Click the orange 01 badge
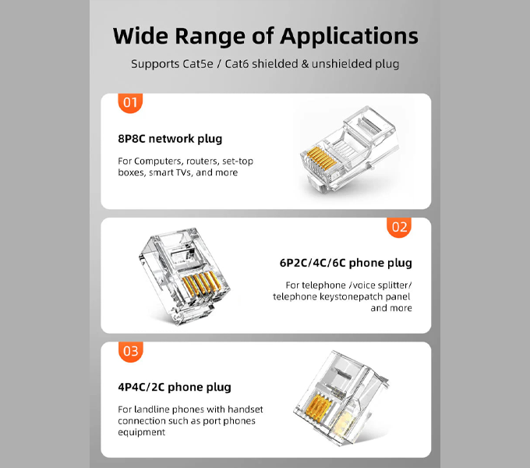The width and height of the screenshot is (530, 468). [x=130, y=103]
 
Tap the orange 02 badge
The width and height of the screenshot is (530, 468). [x=399, y=227]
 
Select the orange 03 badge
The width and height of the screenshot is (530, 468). [x=131, y=352]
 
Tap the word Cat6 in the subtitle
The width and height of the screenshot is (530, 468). [x=237, y=64]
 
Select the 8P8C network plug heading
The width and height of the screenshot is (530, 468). [x=170, y=139]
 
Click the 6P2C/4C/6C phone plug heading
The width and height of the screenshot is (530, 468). [x=346, y=263]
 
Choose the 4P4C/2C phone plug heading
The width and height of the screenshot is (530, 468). [x=175, y=387]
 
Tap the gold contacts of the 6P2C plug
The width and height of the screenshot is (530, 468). [x=201, y=283]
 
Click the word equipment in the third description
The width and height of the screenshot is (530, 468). [x=142, y=432]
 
